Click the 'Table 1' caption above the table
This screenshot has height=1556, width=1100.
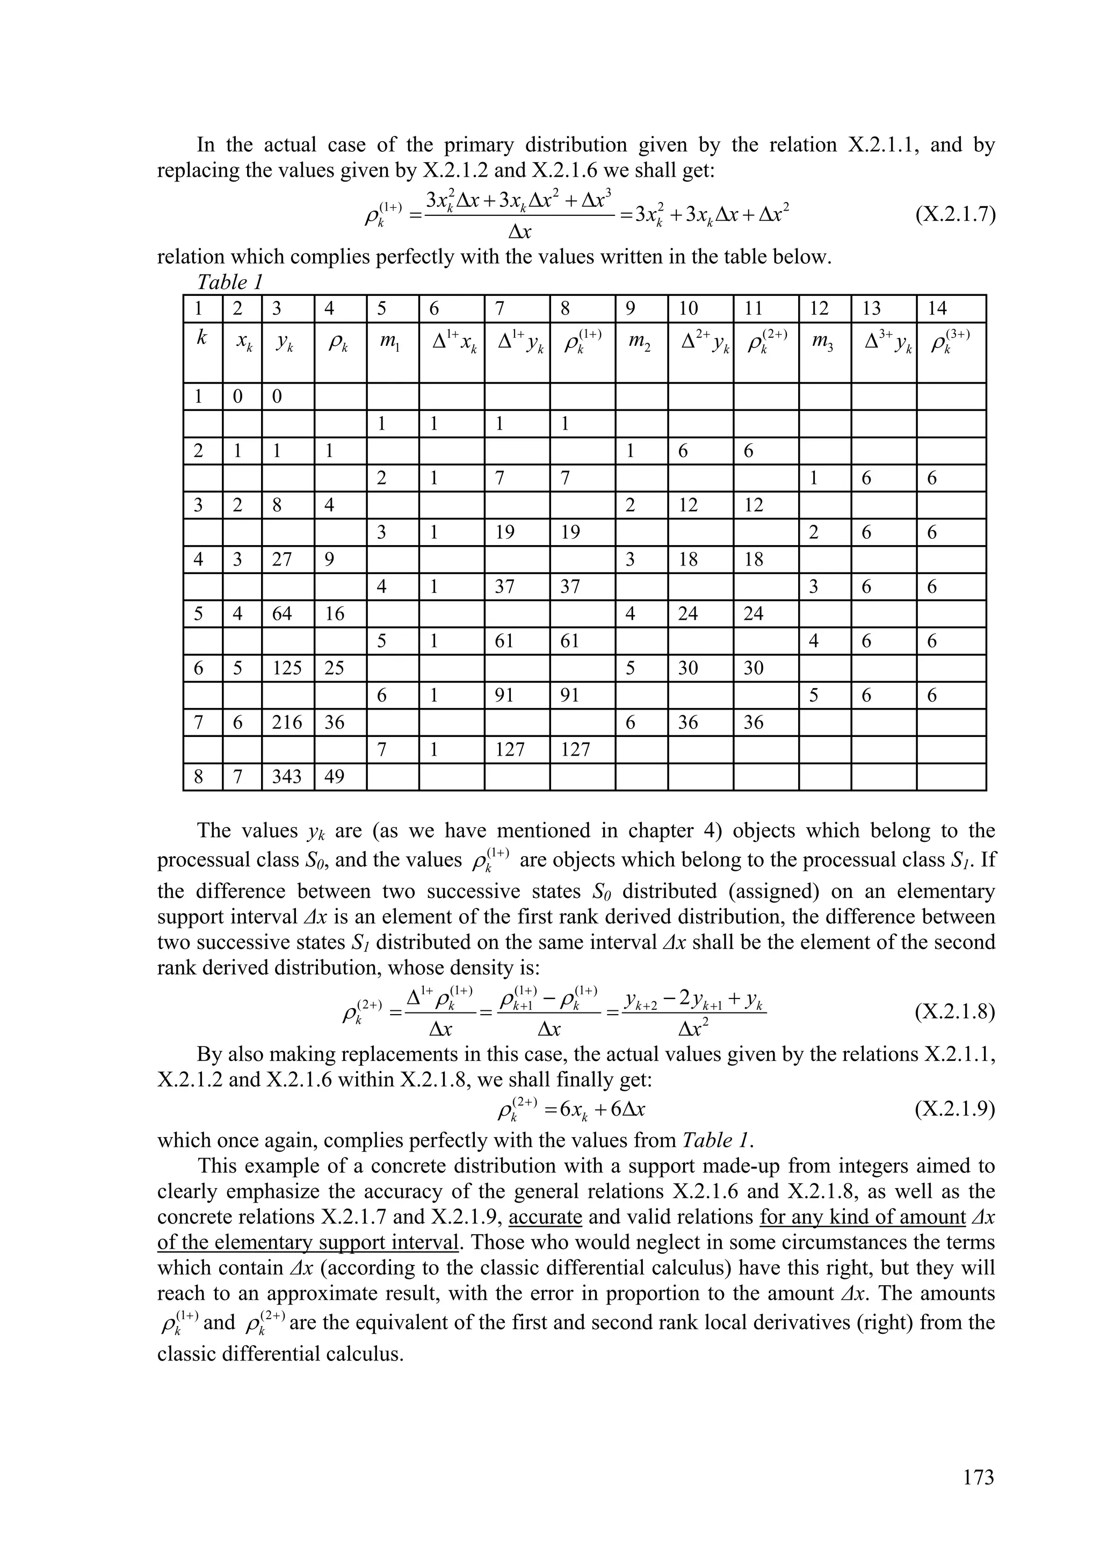[229, 282]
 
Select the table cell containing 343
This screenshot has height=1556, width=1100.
[287, 777]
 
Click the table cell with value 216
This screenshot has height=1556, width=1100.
[287, 722]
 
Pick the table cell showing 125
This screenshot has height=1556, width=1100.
[287, 668]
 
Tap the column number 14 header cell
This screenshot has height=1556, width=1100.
[950, 309]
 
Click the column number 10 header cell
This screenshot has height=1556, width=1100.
[700, 309]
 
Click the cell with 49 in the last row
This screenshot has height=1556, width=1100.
[339, 777]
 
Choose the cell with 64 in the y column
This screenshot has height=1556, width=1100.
[287, 614]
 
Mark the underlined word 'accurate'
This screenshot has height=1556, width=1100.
[545, 1217]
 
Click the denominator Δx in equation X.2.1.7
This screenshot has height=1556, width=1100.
[519, 233]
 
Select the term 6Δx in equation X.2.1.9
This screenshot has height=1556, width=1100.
[627, 1110]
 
